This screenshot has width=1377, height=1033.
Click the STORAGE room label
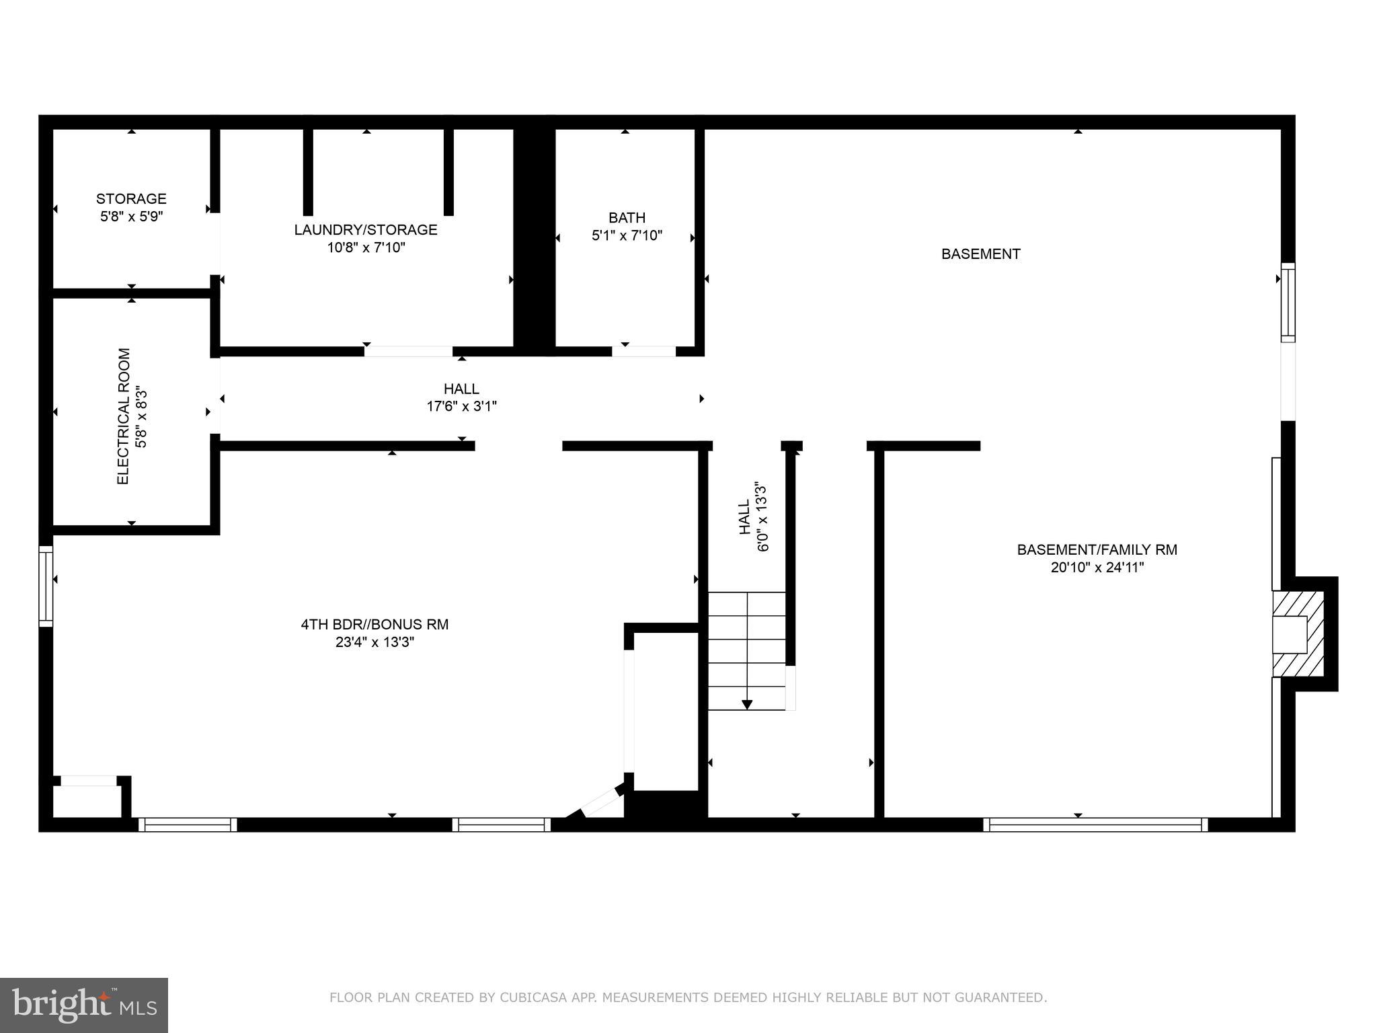coord(131,199)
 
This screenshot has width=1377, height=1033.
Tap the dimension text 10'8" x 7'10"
coord(366,247)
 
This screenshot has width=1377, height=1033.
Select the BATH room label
coord(627,218)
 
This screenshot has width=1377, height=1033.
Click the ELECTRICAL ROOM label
coord(123,416)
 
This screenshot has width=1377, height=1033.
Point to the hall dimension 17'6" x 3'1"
coord(461,406)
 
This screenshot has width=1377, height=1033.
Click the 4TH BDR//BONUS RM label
coord(375,624)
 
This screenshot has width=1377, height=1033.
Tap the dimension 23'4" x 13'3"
coord(375,642)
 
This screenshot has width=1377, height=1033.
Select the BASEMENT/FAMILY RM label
coord(1097,549)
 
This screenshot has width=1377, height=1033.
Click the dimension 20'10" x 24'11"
coord(1097,568)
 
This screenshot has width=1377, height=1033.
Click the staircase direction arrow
coord(746,703)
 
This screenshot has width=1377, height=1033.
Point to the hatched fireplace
coord(1299,634)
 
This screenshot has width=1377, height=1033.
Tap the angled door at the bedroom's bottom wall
coord(600,802)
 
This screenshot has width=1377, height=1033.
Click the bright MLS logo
coord(83,1005)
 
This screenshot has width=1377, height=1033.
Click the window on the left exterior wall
coord(46,586)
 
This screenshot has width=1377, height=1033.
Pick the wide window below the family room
coord(1095,825)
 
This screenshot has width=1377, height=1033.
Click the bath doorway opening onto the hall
coord(643,351)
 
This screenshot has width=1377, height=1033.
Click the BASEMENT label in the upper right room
coord(980,254)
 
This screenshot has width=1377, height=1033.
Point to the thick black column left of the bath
coord(534,239)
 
